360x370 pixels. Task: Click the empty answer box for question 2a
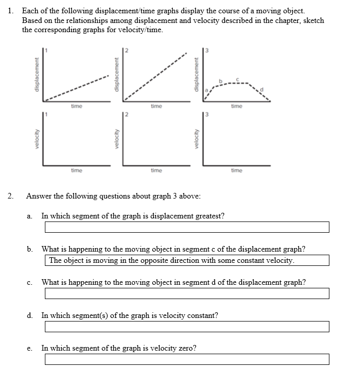click(x=187, y=227)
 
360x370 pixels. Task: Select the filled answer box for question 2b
click(x=187, y=261)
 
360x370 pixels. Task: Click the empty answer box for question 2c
click(x=187, y=293)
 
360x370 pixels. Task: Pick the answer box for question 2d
click(x=187, y=327)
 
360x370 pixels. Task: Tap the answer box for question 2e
click(x=187, y=359)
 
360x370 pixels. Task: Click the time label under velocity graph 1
click(x=76, y=170)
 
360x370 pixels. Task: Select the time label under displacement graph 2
click(x=157, y=106)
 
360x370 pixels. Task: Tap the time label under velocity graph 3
click(x=237, y=170)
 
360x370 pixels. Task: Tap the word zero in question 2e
click(x=186, y=348)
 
